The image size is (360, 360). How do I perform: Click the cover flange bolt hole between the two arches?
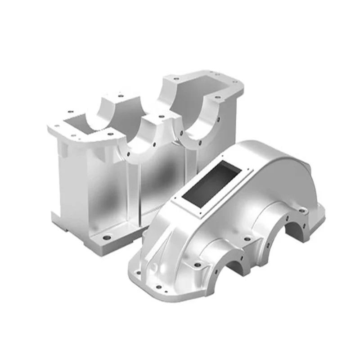[246, 240]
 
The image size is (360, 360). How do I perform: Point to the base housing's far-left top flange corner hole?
[57, 126]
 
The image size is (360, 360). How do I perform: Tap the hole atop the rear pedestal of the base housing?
[120, 95]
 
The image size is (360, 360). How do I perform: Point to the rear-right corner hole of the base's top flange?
[234, 81]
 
